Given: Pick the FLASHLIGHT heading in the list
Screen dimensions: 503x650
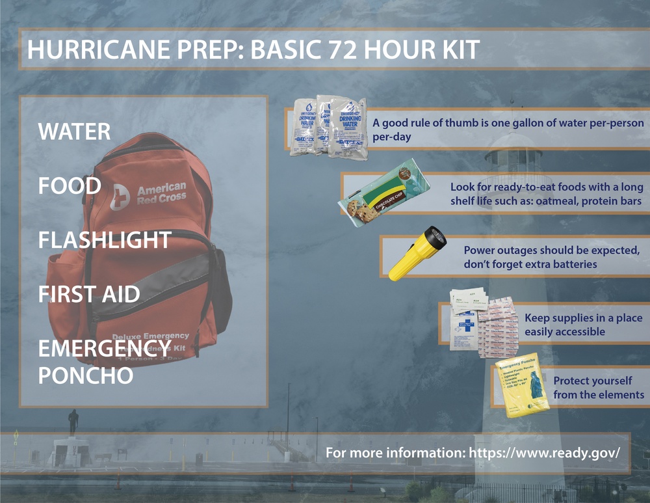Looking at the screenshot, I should [104, 240].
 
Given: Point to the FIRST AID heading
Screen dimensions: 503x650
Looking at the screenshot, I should [89, 294].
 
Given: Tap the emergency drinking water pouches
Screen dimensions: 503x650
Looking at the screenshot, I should [328, 127].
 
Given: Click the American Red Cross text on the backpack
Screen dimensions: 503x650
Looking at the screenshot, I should [161, 193].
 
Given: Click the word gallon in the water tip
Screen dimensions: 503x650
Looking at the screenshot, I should [506, 123].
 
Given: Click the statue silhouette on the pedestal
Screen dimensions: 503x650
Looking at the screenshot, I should [73, 422].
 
